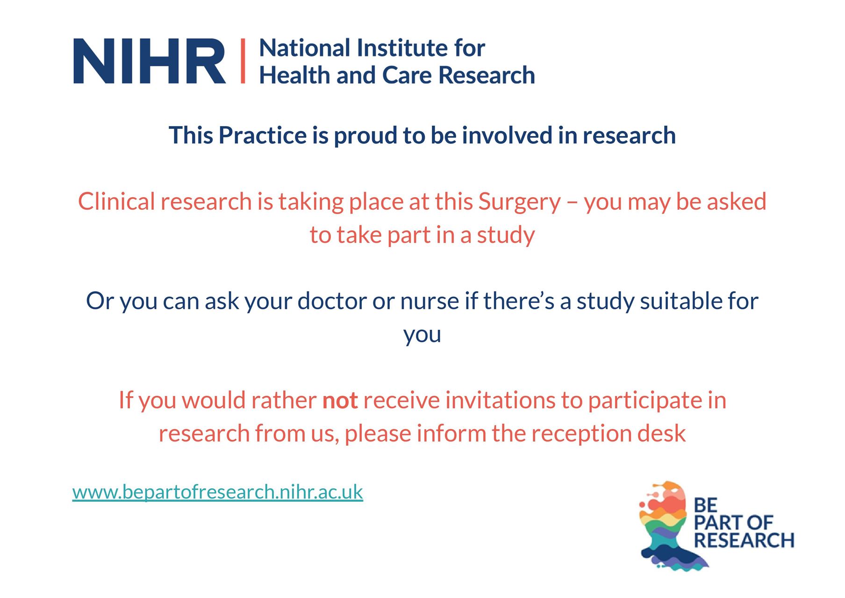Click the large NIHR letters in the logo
(149, 61)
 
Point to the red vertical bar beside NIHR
(243, 61)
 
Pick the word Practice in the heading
(262, 136)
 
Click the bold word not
(340, 401)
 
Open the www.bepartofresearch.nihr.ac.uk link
(217, 492)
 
